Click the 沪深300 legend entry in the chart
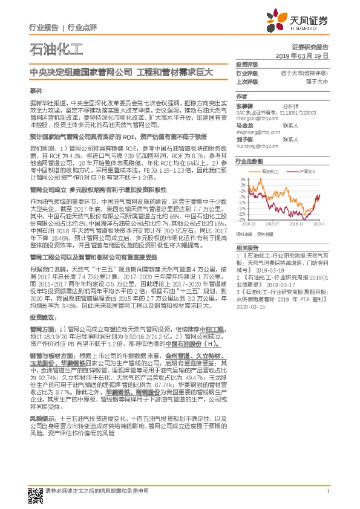306,172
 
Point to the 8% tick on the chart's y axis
243,179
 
